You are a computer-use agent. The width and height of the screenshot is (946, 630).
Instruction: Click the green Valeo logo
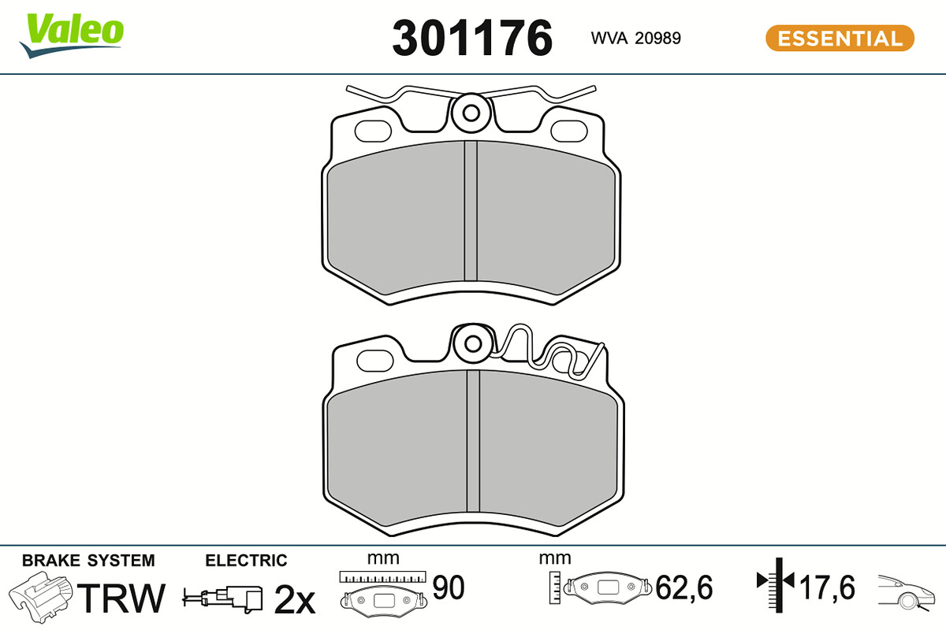click(x=72, y=35)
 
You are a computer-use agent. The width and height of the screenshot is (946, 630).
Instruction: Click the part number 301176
click(x=472, y=38)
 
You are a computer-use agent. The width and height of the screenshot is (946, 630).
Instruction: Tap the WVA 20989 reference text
click(x=635, y=39)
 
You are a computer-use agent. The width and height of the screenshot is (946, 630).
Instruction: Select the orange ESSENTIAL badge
click(x=840, y=39)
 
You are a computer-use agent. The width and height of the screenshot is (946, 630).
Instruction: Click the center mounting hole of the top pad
click(x=471, y=113)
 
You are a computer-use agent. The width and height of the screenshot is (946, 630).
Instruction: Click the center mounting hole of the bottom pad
click(x=473, y=343)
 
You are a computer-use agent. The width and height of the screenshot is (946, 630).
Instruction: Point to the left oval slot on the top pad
click(x=373, y=131)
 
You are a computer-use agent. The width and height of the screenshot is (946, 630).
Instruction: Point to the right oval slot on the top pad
click(x=569, y=131)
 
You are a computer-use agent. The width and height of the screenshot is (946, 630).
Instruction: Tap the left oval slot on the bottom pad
click(x=375, y=361)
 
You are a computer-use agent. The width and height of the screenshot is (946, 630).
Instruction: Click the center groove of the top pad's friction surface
click(x=471, y=211)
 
